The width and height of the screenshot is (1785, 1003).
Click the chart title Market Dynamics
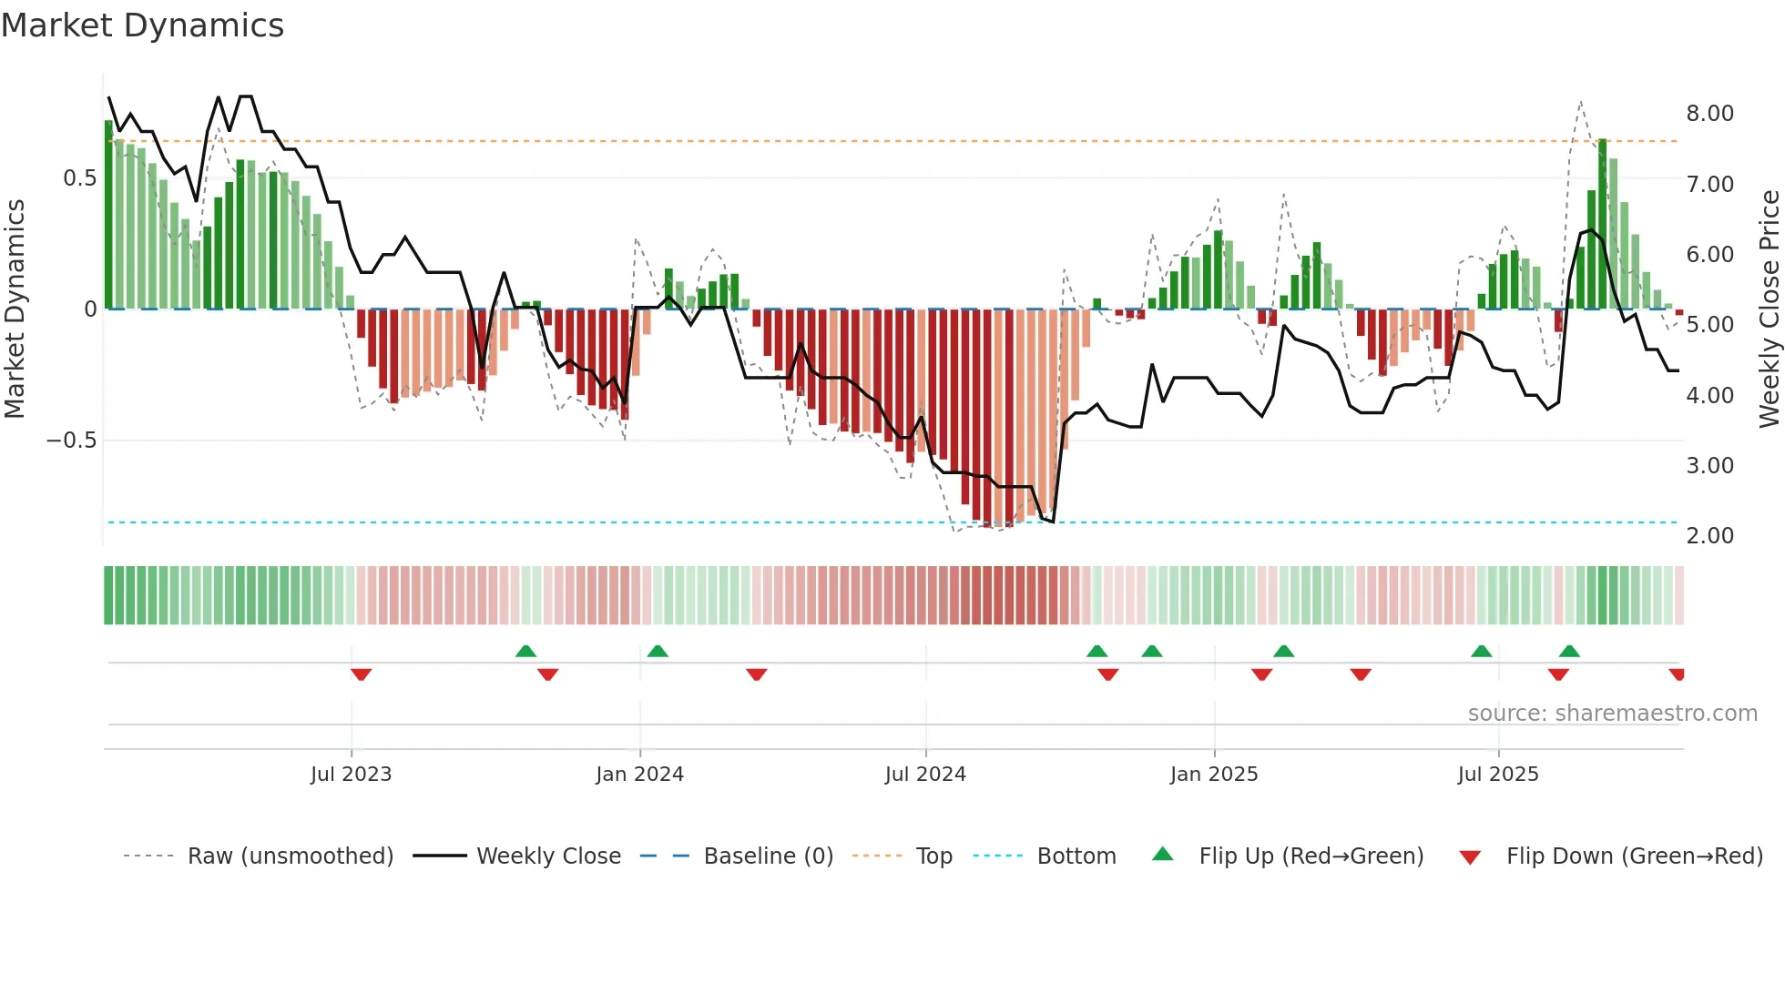(x=142, y=25)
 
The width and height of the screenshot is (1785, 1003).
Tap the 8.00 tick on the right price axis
(x=1709, y=114)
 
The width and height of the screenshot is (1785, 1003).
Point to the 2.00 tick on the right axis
(x=1709, y=536)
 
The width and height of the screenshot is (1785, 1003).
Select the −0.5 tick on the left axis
(x=71, y=441)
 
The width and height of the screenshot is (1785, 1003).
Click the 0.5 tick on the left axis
(x=79, y=178)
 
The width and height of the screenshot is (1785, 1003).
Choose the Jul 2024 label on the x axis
(x=924, y=775)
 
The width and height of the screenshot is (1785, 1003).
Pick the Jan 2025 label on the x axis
(x=1213, y=775)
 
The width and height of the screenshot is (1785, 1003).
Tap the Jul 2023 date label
(x=351, y=775)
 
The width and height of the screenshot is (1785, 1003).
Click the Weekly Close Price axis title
(x=1769, y=309)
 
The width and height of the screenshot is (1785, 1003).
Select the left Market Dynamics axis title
(x=15, y=309)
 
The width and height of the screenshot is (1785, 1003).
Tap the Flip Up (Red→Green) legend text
(x=1311, y=856)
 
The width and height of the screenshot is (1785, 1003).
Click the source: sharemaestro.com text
(x=1612, y=714)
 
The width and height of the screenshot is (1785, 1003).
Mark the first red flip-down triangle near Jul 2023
(x=361, y=674)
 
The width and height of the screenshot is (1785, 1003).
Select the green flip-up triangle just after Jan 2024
(x=658, y=651)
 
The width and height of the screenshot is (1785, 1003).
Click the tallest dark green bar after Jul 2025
(x=1602, y=223)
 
